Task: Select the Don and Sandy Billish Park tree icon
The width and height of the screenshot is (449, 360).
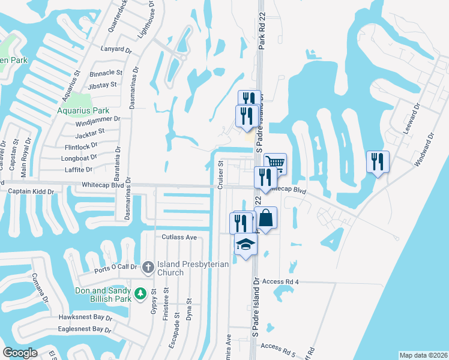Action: [140, 294]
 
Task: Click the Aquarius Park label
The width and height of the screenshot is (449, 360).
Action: [83, 111]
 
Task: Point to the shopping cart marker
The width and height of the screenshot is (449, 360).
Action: [274, 163]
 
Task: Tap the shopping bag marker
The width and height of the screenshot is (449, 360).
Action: [267, 218]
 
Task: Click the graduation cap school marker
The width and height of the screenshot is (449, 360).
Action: [246, 245]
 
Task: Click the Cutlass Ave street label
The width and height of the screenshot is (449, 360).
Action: [179, 237]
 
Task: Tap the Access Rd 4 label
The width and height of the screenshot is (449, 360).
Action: [280, 281]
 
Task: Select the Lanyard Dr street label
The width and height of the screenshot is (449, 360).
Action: [116, 49]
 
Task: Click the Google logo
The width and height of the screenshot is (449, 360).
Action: [20, 353]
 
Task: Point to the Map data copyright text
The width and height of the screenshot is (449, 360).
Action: [423, 355]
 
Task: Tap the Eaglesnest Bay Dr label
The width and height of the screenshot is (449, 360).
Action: [85, 329]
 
